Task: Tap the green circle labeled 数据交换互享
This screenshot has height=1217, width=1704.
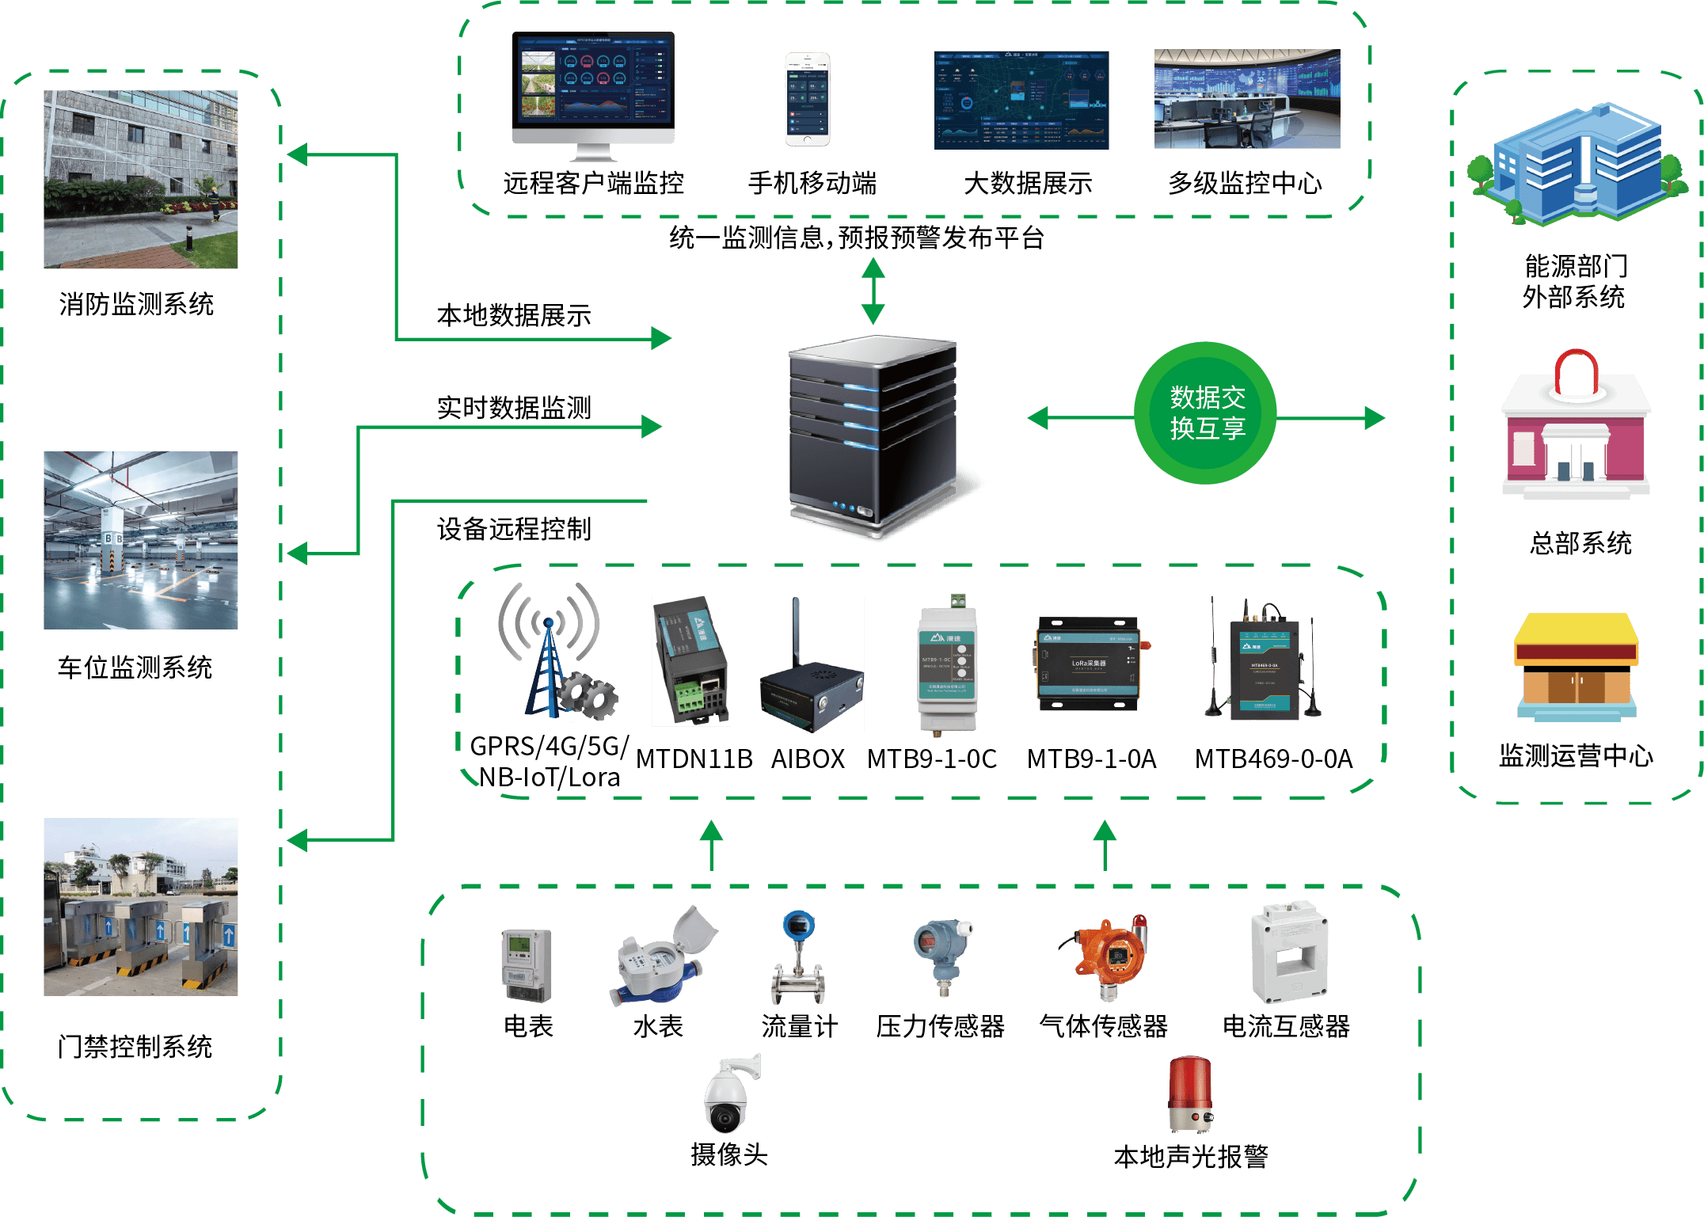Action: [1205, 413]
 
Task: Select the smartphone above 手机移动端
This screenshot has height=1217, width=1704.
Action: [807, 100]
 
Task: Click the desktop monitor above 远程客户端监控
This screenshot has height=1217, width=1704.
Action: [593, 95]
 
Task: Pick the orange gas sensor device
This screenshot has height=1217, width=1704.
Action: [1109, 958]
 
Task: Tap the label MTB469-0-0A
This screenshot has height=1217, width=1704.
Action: [1273, 759]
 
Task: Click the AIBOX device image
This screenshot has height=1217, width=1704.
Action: [812, 666]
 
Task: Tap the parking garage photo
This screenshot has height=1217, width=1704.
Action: [141, 541]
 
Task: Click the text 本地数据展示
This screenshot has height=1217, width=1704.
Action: [514, 316]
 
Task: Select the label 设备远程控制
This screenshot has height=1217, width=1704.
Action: [514, 529]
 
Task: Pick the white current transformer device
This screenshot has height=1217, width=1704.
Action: [1288, 954]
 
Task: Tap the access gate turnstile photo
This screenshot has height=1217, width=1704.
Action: [141, 907]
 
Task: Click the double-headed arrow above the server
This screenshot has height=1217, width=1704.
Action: [873, 291]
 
